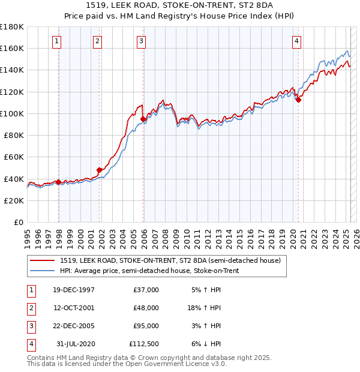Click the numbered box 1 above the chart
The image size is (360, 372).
pyautogui.click(x=56, y=41)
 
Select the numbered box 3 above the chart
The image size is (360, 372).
pyautogui.click(x=141, y=41)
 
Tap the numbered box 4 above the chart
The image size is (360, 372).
pyautogui.click(x=296, y=41)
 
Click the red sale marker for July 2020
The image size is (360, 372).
pyautogui.click(x=298, y=100)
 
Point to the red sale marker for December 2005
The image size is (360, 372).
pyautogui.click(x=143, y=119)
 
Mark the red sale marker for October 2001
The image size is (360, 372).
pyautogui.click(x=100, y=170)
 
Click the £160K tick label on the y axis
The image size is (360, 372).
pyautogui.click(x=11, y=48)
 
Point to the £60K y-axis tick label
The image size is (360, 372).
pyautogui.click(x=13, y=157)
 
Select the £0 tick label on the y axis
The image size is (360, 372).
pyautogui.click(x=18, y=222)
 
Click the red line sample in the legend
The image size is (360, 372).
pyautogui.click(x=43, y=260)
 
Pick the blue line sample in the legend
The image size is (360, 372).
pyautogui.click(x=43, y=271)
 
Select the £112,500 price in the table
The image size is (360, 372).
pyautogui.click(x=144, y=344)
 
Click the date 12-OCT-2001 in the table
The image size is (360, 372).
pyautogui.click(x=74, y=308)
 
